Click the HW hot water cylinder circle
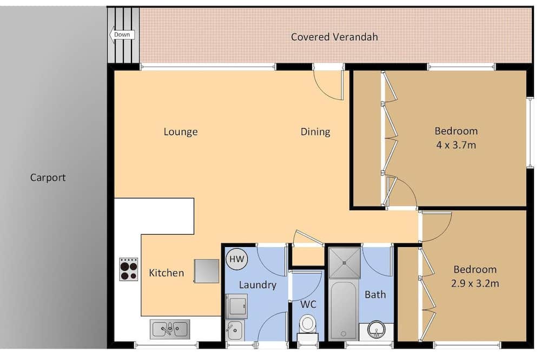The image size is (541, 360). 237,259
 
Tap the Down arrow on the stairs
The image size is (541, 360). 121,35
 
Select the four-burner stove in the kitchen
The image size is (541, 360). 129,269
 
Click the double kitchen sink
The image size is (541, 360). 170,329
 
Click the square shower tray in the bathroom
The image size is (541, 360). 344,263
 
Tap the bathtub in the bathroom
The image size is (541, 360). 344,310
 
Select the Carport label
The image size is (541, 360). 48,178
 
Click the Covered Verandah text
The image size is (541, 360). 334,37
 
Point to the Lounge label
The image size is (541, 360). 181,132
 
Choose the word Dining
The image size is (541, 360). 315,132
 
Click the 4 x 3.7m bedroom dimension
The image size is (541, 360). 456,145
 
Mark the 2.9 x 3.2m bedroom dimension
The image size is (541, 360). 475,283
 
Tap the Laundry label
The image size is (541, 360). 258,285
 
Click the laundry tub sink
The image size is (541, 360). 235,330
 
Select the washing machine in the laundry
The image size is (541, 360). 236,306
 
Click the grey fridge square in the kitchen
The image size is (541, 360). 206,271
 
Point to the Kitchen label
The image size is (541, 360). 166,273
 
